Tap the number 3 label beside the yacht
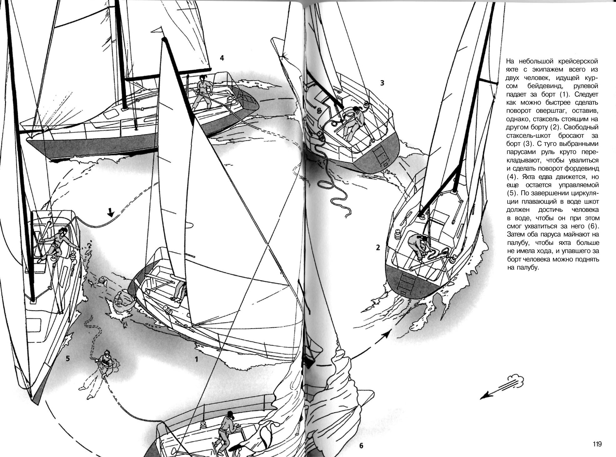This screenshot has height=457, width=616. (x=382, y=83)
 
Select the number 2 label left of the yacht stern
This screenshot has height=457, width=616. (x=378, y=248)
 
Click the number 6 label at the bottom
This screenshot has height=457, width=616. (x=361, y=446)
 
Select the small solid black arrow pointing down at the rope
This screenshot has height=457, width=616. (x=110, y=212)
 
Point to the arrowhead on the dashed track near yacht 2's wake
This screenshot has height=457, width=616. (x=387, y=335)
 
